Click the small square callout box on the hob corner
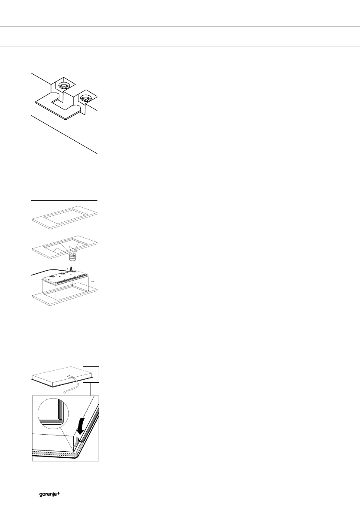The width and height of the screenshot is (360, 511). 91,374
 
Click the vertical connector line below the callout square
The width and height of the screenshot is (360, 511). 91,388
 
